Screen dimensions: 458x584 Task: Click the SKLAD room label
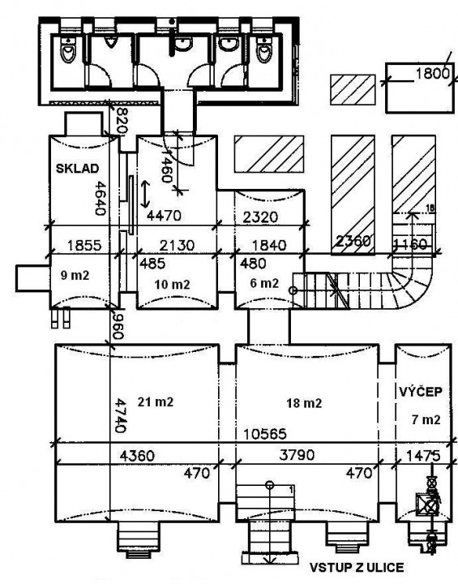pos(78,169)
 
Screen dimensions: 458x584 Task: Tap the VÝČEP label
pos(421,392)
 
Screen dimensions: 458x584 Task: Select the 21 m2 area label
pos(156,402)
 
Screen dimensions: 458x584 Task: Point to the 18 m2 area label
pos(304,403)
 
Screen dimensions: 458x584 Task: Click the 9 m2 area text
pos(75,276)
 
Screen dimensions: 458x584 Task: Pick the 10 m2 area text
pos(172,285)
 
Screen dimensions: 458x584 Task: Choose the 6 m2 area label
pos(264,283)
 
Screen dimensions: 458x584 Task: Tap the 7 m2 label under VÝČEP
pos(426,420)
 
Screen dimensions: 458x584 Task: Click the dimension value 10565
pos(265,434)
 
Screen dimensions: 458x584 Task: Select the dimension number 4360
pos(137,456)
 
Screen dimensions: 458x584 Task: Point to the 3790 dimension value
pos(297,455)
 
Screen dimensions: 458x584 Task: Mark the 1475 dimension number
pos(423,456)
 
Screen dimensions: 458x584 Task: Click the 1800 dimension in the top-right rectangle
pos(433,74)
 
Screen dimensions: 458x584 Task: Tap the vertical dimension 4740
pos(119,415)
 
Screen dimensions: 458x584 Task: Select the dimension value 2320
pos(260,217)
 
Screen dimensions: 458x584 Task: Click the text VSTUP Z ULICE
pos(357,567)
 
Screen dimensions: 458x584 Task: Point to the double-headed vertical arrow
pos(145,194)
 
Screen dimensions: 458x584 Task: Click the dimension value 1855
pos(84,246)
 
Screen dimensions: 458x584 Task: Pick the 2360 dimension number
pos(353,242)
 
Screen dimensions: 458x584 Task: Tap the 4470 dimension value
pos(164,216)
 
